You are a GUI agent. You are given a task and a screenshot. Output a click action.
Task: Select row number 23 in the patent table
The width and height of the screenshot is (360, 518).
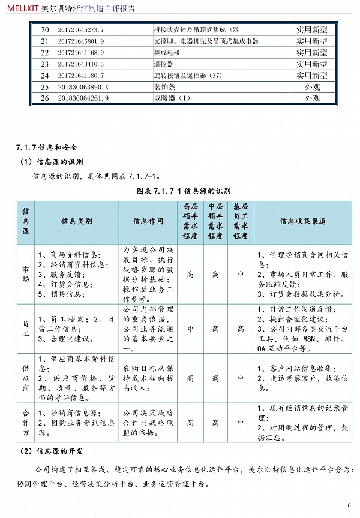click(x=44, y=64)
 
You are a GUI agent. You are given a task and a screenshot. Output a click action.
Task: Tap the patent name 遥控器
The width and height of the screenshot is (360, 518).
click(x=163, y=64)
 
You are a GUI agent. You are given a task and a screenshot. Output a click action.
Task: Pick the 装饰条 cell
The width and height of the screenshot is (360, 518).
click(x=165, y=86)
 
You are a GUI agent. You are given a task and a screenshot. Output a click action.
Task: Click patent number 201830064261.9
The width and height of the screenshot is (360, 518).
click(x=83, y=98)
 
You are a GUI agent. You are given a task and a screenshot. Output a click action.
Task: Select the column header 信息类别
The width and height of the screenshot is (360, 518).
click(x=77, y=221)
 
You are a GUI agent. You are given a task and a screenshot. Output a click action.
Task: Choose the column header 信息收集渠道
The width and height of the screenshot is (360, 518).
click(x=303, y=221)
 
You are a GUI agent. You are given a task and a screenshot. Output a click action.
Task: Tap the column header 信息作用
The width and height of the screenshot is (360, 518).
click(x=148, y=221)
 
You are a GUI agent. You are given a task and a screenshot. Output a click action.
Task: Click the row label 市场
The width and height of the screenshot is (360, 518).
click(x=26, y=274)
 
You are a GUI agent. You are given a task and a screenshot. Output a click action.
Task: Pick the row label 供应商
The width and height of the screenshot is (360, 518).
click(x=26, y=378)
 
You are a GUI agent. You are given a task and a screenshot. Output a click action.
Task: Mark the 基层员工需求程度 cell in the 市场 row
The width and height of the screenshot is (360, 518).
click(x=241, y=274)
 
